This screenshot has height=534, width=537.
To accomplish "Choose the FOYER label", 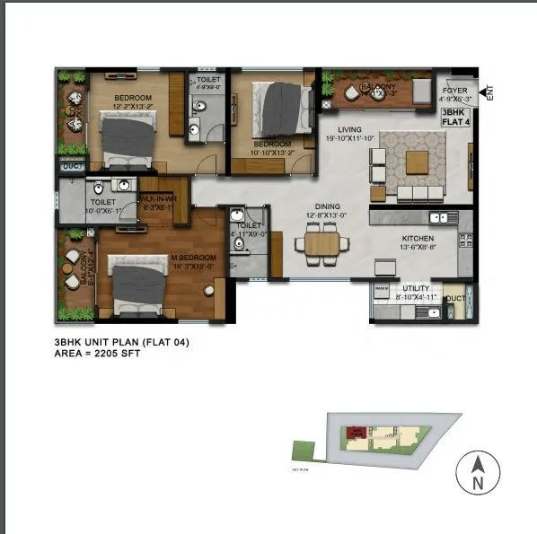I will click(455, 90).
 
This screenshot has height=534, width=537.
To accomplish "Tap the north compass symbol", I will click(479, 472).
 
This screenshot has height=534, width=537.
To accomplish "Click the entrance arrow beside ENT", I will click(485, 91).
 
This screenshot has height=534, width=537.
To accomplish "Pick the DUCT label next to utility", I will click(455, 298).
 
